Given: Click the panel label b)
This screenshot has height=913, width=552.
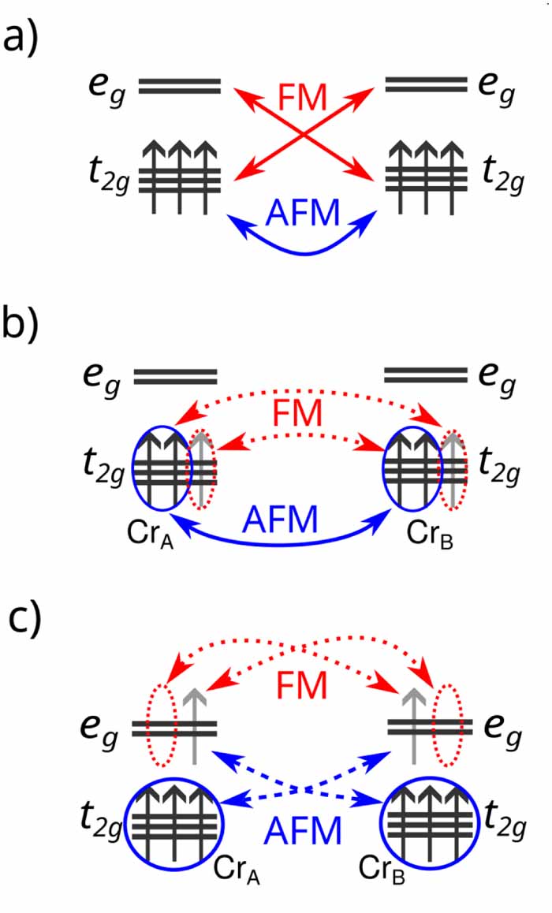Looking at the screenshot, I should (x=23, y=323).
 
